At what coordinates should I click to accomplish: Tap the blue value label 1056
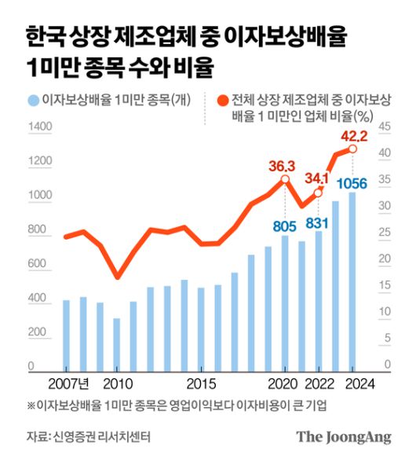352,184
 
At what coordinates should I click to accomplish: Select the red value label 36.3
284,166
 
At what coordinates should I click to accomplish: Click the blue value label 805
284,226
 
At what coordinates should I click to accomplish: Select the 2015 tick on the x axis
201,384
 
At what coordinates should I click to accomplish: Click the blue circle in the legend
33,100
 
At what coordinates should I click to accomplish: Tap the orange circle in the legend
222,100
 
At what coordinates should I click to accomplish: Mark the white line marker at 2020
284,180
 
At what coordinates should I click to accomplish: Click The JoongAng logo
343,437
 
